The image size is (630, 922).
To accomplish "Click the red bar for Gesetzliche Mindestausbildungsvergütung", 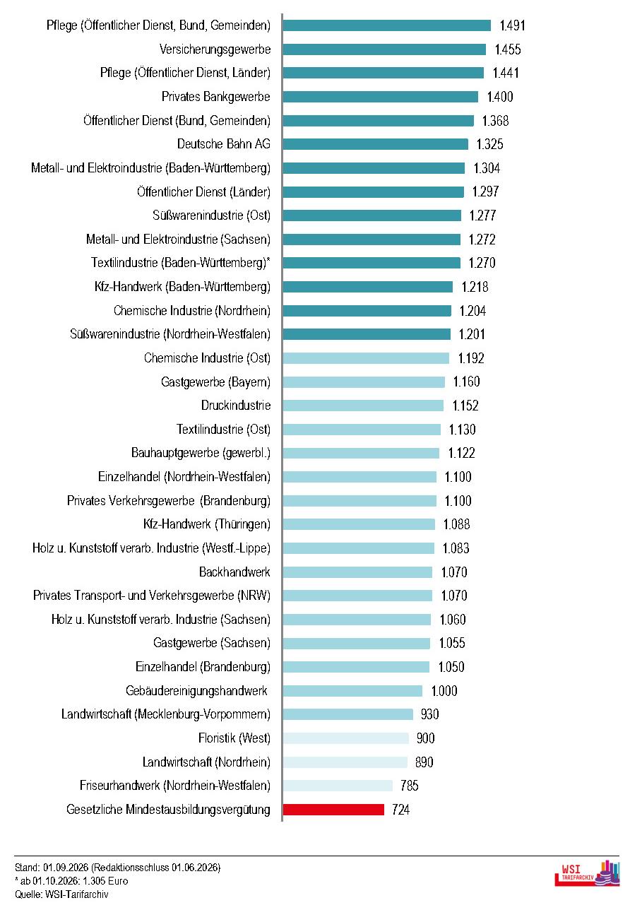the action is (x=333, y=809).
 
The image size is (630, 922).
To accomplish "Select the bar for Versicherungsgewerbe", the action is (x=384, y=49).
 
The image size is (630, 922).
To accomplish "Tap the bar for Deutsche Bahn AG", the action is (x=376, y=144).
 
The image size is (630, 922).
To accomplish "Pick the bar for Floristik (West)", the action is (x=345, y=738).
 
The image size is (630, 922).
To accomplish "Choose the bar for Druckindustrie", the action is (x=363, y=406).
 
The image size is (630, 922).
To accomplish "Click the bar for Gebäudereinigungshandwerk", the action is (x=352, y=691).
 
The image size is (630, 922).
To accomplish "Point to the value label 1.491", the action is (x=512, y=25).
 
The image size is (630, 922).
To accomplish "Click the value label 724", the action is (x=400, y=810).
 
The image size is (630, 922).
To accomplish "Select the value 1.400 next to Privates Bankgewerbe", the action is (x=500, y=97).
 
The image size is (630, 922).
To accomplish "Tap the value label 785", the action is (x=410, y=786).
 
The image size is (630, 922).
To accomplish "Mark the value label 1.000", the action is (x=444, y=691).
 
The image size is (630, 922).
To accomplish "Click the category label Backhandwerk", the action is (x=234, y=572).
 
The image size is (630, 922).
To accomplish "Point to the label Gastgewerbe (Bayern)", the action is (x=215, y=382).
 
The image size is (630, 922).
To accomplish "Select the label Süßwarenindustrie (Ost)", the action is (x=211, y=215).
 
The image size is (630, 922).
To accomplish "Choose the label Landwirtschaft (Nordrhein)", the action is (x=206, y=762).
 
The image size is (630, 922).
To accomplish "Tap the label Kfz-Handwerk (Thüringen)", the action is (x=207, y=524).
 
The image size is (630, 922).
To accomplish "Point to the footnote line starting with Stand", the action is (x=118, y=868).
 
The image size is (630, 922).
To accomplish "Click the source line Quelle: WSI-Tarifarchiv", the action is (x=61, y=894).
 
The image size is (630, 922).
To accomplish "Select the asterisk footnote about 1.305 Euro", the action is (x=71, y=881).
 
